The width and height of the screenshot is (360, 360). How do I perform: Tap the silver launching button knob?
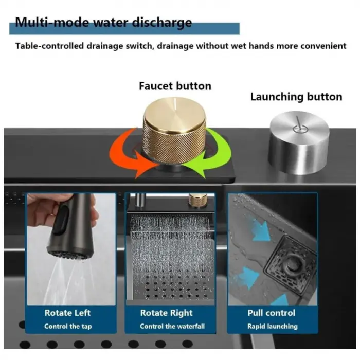[298, 142]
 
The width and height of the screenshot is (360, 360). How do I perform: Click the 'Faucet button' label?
[175, 86]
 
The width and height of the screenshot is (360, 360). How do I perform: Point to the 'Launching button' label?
[296, 97]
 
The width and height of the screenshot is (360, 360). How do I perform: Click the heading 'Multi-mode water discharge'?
[103, 23]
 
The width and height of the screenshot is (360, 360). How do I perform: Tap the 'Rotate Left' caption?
[67, 313]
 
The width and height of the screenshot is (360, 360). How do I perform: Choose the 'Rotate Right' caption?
[166, 313]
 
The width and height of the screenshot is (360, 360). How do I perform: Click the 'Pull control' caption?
[272, 313]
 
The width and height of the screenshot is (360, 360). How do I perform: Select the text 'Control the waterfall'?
[172, 326]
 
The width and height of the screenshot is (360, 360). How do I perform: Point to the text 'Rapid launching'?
[273, 326]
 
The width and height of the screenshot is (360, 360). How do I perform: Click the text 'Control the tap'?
[68, 326]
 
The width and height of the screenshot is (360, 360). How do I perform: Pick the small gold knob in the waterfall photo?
[197, 200]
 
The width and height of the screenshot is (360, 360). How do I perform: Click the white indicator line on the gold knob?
[175, 103]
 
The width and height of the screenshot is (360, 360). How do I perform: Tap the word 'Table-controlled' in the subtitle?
[49, 46]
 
